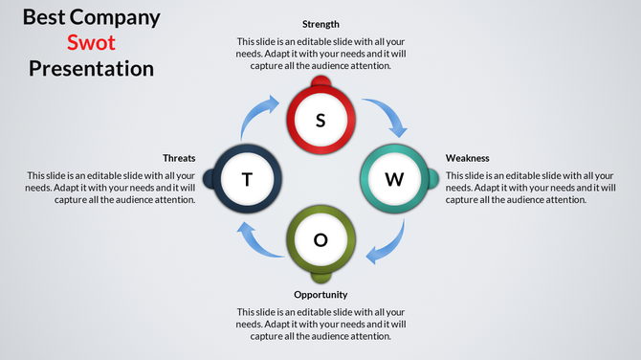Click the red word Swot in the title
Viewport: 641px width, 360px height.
(91, 43)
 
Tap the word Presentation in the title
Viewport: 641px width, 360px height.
(91, 69)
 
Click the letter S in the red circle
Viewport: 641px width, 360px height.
(320, 121)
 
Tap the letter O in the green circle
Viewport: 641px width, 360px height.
(320, 239)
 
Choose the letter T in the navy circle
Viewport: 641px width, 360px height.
(248, 179)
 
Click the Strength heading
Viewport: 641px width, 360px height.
(320, 24)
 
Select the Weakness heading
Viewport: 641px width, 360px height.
(468, 158)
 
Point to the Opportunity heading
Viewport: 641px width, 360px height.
(320, 295)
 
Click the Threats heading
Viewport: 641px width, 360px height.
(179, 158)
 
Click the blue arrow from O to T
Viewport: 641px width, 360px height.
(254, 240)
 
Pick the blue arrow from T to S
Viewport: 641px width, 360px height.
(256, 116)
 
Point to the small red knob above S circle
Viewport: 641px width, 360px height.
(320, 87)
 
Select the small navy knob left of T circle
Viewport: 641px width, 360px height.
(209, 179)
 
